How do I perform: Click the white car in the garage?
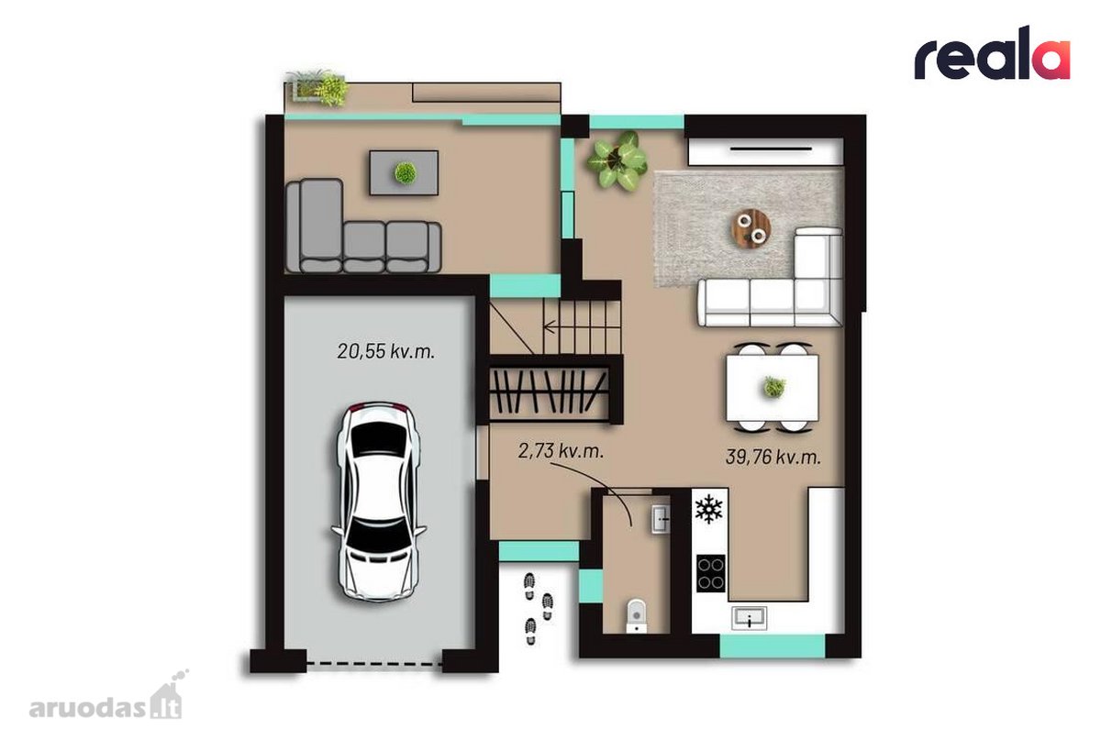point(379,502)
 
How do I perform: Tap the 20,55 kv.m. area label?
point(386,352)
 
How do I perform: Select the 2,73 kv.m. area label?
point(561,451)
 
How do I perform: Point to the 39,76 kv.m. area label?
point(773,458)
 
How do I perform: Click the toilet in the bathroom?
point(636,616)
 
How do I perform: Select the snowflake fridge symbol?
point(708,509)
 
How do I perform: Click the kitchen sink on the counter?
point(749,618)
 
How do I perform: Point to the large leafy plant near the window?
point(617,160)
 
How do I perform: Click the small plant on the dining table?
point(774,387)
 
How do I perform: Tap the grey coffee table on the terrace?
point(404,173)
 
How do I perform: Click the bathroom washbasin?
point(661,519)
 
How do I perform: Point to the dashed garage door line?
point(374,665)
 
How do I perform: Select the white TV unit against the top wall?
point(765,151)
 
